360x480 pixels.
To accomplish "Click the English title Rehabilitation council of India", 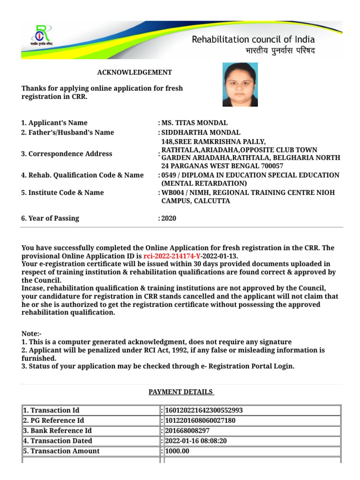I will (x=253, y=39).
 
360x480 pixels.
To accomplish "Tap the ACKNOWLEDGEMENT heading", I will (x=135, y=72).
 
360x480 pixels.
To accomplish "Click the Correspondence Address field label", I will (x=67, y=154).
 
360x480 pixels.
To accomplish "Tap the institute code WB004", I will (x=172, y=193).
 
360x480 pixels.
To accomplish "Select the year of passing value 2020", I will (x=169, y=218).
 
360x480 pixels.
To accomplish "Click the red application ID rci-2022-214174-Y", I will (x=172, y=256).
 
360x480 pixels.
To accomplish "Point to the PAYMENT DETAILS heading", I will (x=181, y=392).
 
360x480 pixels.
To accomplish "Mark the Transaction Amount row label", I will (x=61, y=451).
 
